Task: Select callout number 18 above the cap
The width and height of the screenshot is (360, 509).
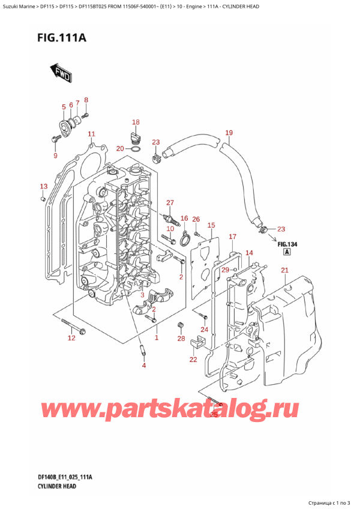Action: [136, 122]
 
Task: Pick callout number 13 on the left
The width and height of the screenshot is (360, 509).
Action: [42, 186]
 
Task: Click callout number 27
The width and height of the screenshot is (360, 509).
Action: [170, 202]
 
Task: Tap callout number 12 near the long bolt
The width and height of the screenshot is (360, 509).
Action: [71, 339]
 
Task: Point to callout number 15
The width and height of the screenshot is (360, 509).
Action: [211, 225]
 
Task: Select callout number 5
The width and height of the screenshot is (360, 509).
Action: [64, 107]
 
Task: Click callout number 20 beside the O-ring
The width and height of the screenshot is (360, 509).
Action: [120, 148]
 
